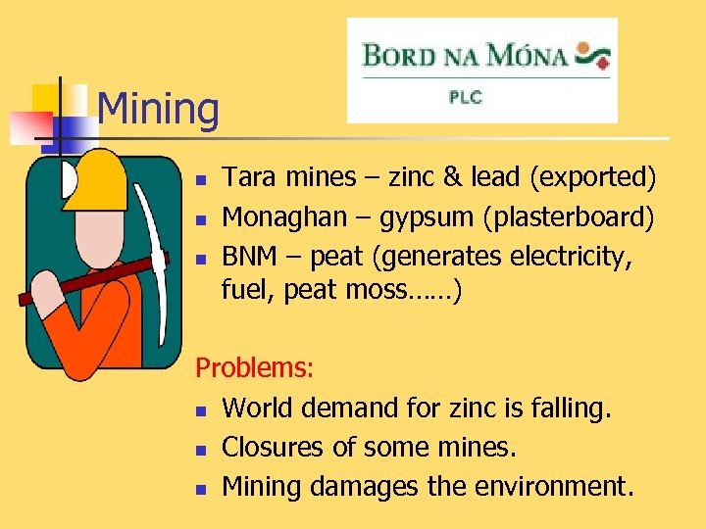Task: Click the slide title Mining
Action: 159,109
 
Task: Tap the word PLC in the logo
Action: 466,99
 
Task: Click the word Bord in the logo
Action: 397,54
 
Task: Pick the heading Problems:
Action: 255,367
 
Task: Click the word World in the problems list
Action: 256,408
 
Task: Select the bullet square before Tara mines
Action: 200,180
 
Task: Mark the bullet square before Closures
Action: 200,450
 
